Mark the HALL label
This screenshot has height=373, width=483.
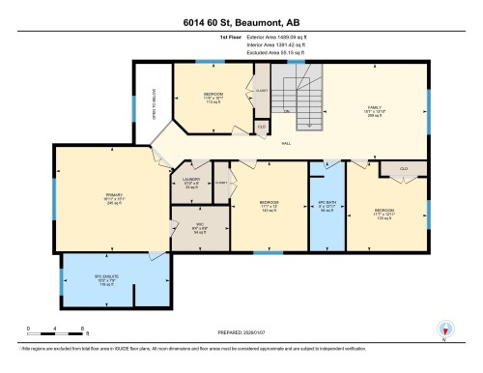tap(286, 143)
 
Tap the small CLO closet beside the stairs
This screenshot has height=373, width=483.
tap(261, 126)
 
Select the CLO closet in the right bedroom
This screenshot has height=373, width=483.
tap(404, 169)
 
